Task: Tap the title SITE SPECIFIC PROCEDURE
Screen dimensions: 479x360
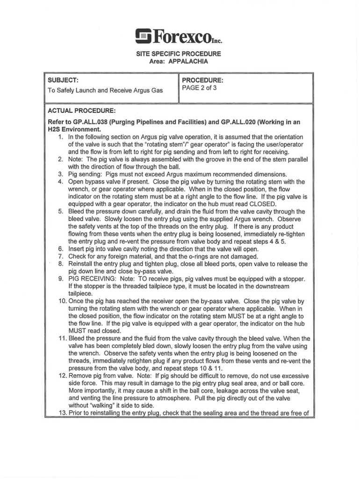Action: tap(179, 54)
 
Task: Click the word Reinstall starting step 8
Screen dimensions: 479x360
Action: tap(81, 264)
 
